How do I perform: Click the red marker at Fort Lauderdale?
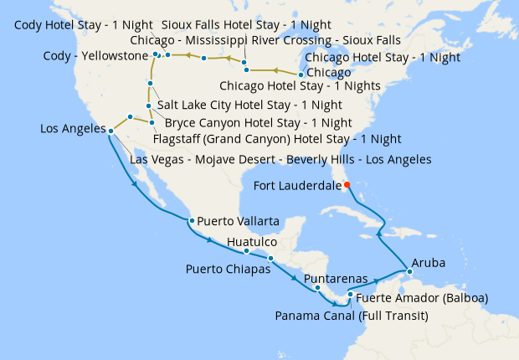[346, 185]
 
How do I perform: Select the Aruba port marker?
[409, 271]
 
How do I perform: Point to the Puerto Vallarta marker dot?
[192, 220]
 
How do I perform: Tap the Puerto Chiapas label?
[228, 270]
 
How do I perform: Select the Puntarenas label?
[334, 277]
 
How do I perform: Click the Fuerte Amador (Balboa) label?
[422, 297]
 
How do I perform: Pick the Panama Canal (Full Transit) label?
[352, 316]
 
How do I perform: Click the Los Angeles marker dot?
[111, 130]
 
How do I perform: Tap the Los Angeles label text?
[73, 129]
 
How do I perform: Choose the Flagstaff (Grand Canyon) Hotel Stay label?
[276, 138]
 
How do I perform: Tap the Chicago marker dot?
[301, 74]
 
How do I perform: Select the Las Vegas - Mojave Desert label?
[280, 159]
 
